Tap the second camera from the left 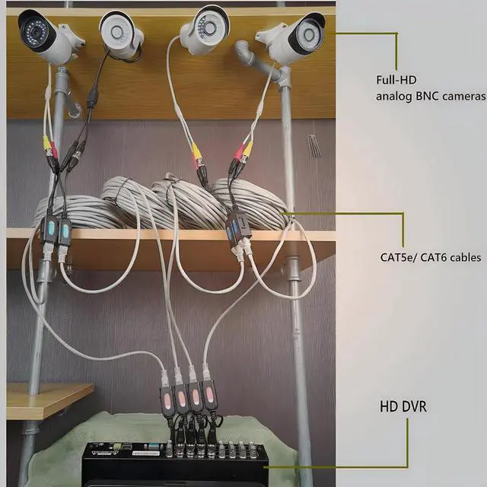[x=122, y=34]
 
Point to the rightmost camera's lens [x=310, y=31]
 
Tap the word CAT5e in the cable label [x=398, y=257]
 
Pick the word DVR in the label [x=415, y=407]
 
